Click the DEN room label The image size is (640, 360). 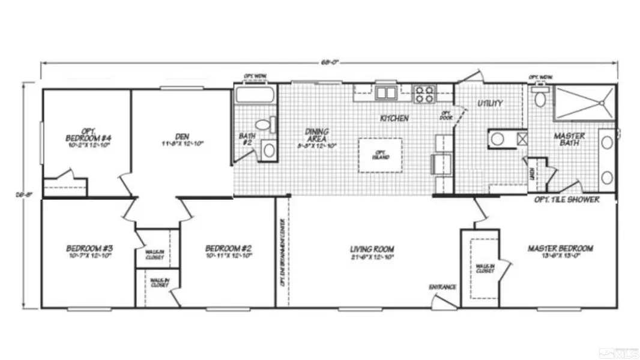coord(183,137)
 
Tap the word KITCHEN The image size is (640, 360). coord(394,119)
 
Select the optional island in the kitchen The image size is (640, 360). coord(381,155)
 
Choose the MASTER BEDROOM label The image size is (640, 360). coord(560,248)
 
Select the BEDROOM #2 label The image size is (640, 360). coord(228,248)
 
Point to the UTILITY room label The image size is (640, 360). coord(490,104)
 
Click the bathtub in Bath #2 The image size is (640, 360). coord(255,95)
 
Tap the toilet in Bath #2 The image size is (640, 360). coord(264,125)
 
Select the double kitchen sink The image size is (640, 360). coord(386,93)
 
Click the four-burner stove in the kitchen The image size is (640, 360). coord(424,94)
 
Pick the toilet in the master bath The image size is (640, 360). coord(540,98)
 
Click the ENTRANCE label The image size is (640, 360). coord(442,287)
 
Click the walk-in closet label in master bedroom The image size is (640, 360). coord(485,268)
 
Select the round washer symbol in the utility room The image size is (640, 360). coord(498,139)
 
